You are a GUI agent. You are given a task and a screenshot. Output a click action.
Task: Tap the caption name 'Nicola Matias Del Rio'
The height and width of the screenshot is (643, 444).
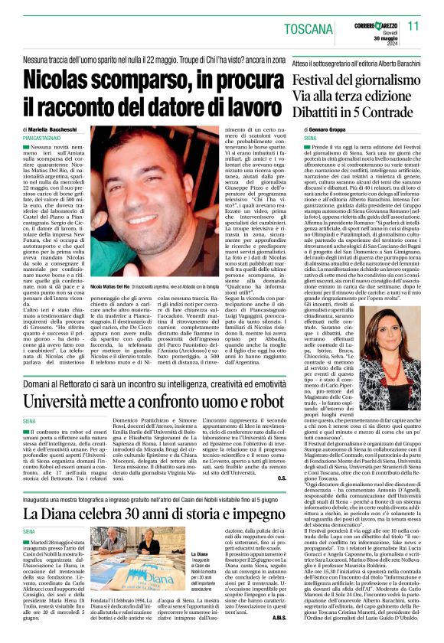pyautogui.click(x=117, y=285)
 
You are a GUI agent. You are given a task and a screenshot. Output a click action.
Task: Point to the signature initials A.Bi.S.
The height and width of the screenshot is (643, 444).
pyautogui.click(x=279, y=617)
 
